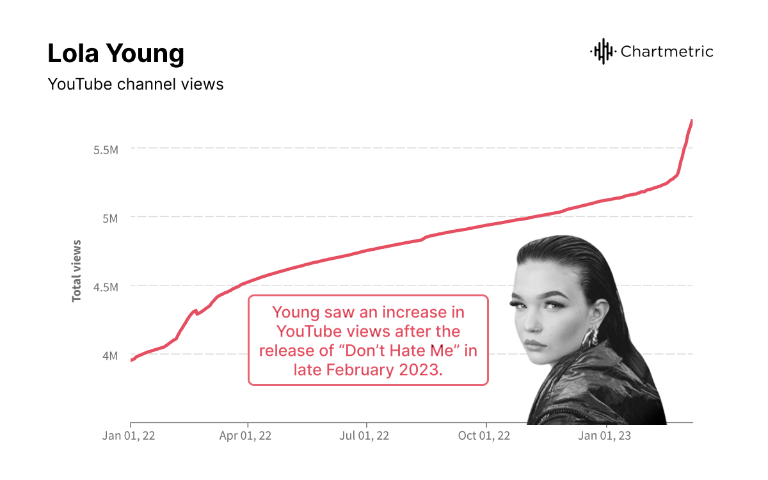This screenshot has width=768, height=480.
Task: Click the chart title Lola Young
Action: click(x=116, y=54)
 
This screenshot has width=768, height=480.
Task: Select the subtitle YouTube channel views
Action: click(x=136, y=84)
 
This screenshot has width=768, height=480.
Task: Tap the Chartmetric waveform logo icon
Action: click(x=602, y=51)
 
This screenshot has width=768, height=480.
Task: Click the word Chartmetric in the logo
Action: click(x=667, y=52)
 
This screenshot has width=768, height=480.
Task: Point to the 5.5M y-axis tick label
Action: click(x=106, y=149)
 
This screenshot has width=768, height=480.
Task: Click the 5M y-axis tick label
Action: click(x=110, y=218)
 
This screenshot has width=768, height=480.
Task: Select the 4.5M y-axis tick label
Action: click(x=106, y=287)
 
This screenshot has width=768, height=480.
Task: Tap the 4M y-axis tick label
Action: click(x=110, y=355)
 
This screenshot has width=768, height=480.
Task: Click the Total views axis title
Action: click(x=77, y=271)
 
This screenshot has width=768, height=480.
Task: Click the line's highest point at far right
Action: click(x=692, y=120)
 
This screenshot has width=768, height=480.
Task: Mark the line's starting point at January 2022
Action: click(x=131, y=361)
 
